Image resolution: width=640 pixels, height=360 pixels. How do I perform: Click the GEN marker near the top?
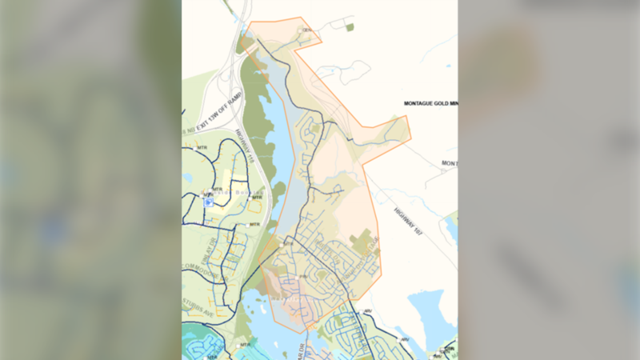click(x=306, y=30)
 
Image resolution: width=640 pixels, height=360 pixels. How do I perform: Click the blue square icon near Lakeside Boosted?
click(x=208, y=202)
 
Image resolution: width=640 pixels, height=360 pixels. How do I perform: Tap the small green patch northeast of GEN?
click(x=350, y=27)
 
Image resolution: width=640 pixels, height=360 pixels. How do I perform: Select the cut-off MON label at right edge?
click(x=450, y=163)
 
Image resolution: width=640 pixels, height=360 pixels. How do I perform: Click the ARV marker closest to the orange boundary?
click(x=367, y=310)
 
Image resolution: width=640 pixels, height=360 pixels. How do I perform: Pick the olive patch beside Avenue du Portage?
click(x=363, y=238)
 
